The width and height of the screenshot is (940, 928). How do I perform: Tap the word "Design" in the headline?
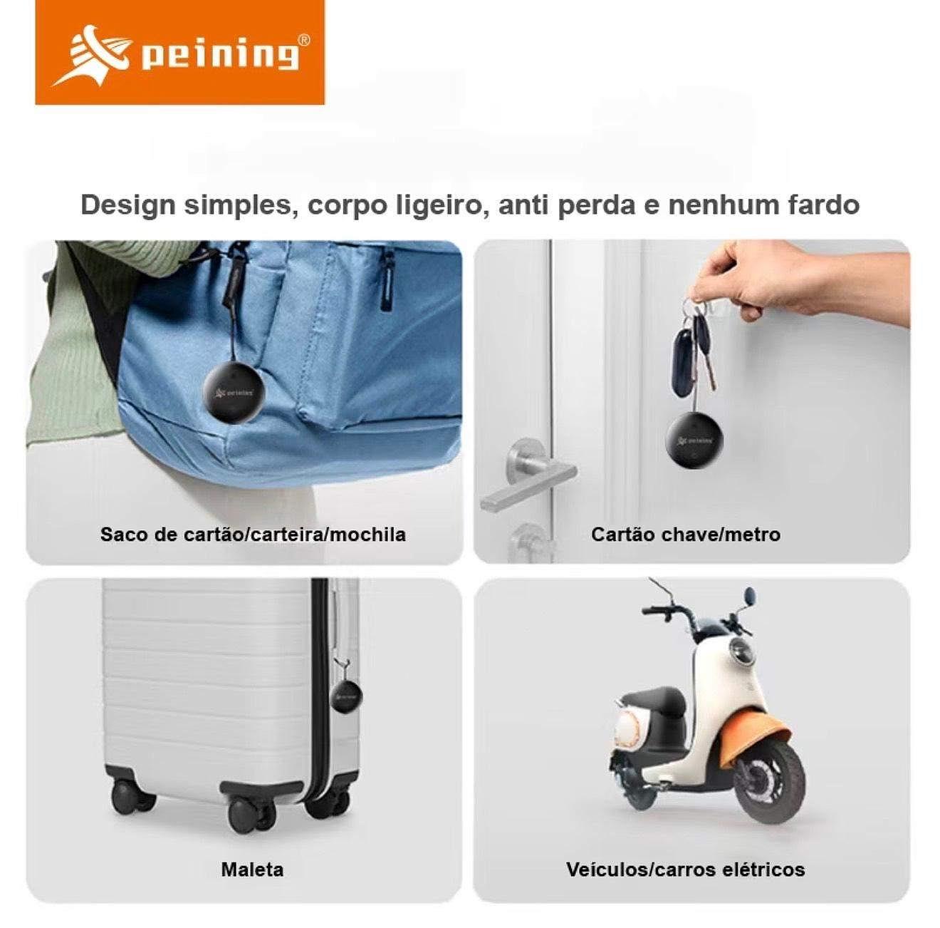pos(127,206)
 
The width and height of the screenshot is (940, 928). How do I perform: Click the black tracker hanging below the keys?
pos(694,440)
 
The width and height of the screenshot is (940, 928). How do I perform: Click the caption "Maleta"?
pos(252,870)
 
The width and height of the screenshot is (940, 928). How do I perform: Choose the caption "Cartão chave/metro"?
pos(685,535)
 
